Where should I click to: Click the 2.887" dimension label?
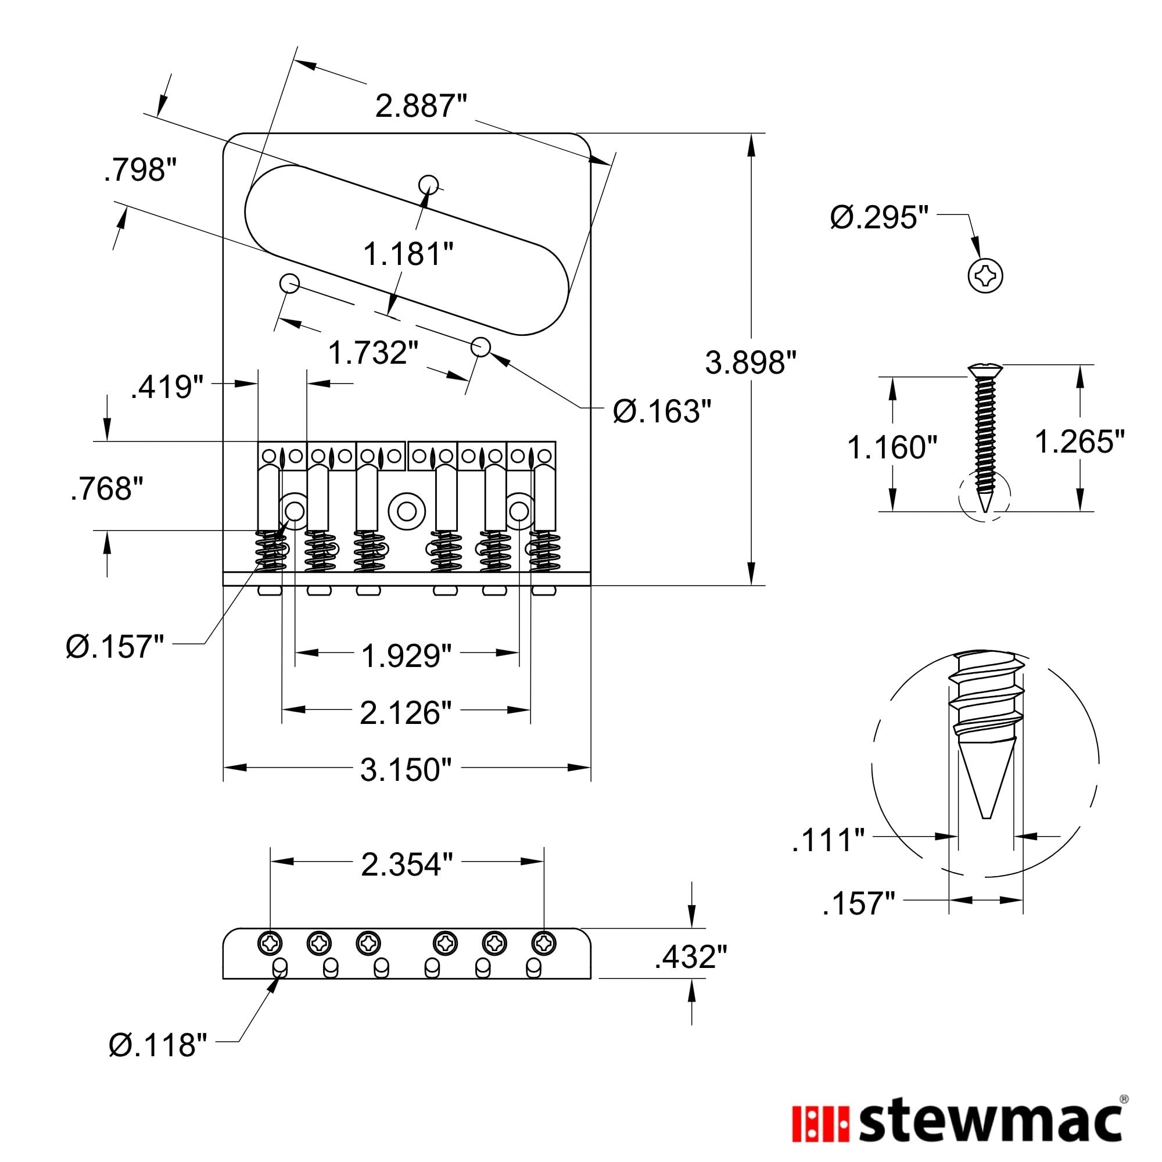pos(421,106)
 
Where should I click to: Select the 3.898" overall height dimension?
pos(751,363)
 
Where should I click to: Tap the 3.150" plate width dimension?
pos(406,770)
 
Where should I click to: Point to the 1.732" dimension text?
pos(373,353)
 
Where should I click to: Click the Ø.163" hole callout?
pos(662,411)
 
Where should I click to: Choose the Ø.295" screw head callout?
pos(879,217)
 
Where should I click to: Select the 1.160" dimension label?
pos(892,447)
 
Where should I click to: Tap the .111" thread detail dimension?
pos(828,840)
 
